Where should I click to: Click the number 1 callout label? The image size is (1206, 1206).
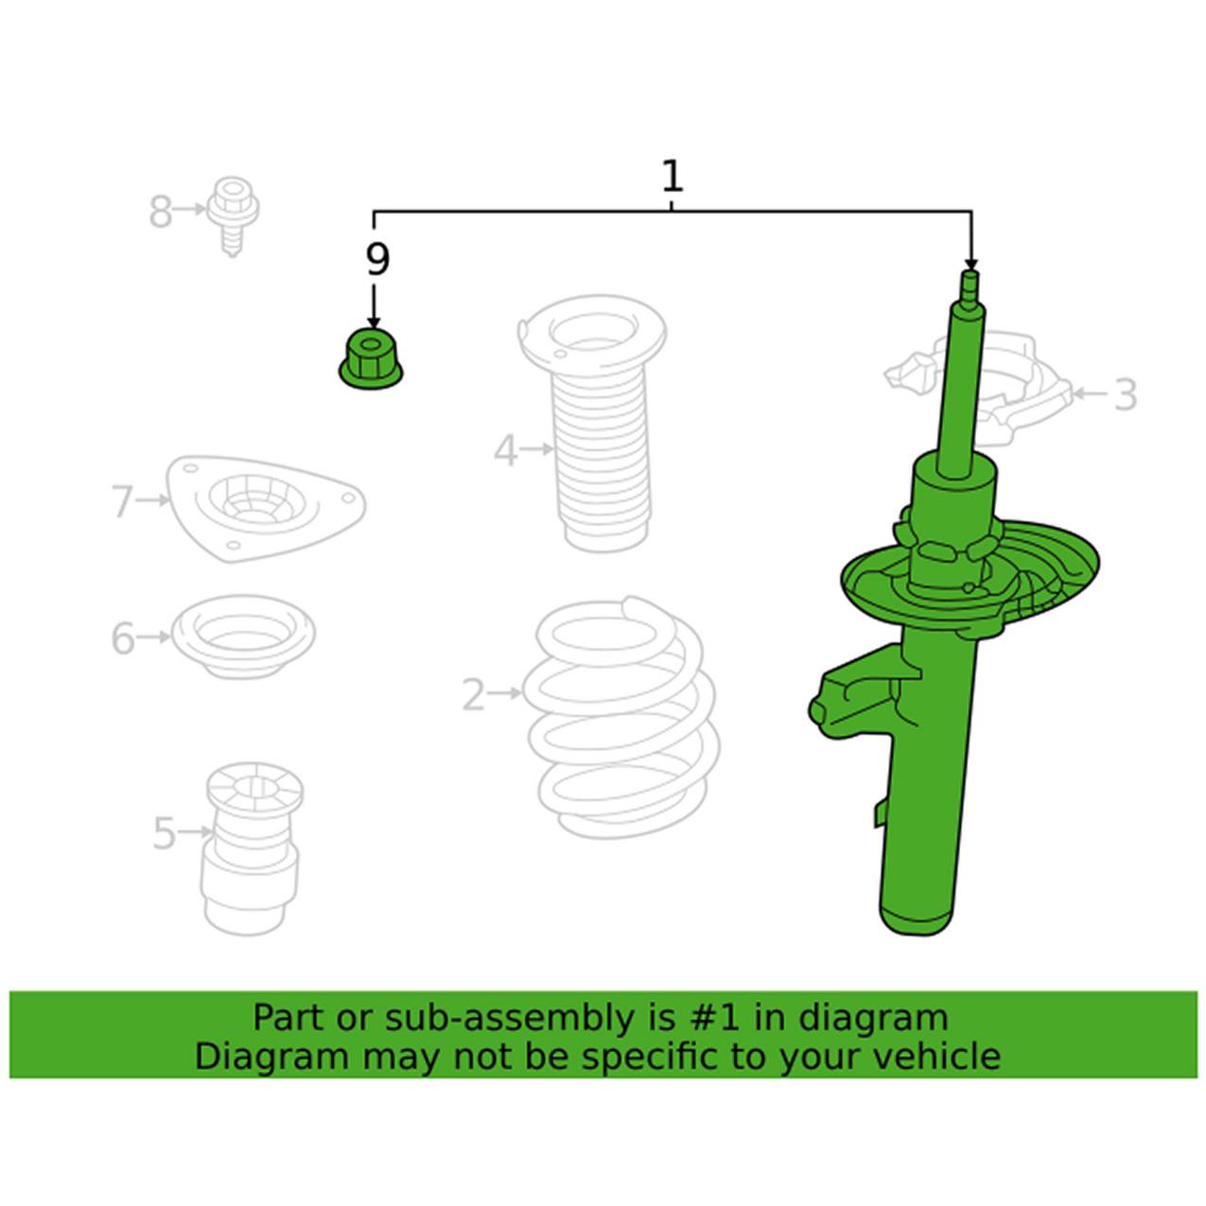click(x=673, y=178)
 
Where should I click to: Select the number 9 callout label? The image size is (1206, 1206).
click(x=376, y=260)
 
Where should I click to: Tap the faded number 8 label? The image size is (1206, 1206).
click(x=160, y=211)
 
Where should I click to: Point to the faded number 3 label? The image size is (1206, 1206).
click(x=1126, y=394)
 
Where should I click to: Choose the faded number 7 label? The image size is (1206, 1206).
click(x=123, y=502)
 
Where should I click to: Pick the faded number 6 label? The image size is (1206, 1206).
click(x=123, y=638)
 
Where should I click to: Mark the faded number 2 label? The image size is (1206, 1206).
click(x=473, y=694)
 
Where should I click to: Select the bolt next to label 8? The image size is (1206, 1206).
click(x=234, y=216)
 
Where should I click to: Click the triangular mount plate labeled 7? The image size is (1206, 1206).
click(x=266, y=508)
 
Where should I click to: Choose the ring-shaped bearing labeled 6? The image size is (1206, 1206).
click(x=243, y=636)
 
